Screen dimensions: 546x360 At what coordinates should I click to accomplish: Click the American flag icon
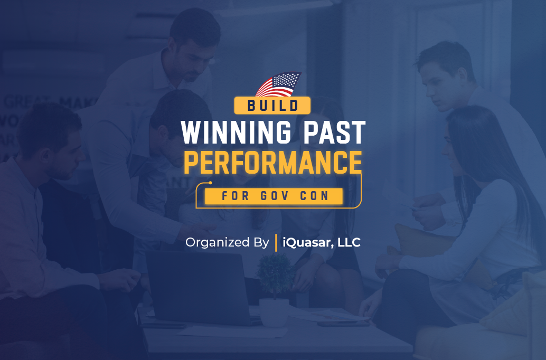[278, 84]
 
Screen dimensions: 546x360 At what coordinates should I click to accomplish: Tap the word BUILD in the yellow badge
[273, 106]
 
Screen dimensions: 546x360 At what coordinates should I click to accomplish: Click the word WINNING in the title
[236, 132]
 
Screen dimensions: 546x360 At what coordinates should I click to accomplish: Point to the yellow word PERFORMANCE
[273, 162]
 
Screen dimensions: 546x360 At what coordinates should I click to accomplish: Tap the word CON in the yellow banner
[314, 196]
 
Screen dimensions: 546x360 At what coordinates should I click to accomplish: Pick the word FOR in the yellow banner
[236, 196]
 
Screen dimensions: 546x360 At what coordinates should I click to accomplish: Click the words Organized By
[228, 242]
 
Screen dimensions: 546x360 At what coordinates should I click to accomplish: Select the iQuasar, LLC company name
[322, 242]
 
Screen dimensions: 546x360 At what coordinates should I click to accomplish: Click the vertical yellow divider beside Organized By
[276, 243]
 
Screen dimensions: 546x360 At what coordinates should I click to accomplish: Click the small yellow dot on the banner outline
[210, 183]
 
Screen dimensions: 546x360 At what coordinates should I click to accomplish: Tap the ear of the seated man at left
[44, 157]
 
